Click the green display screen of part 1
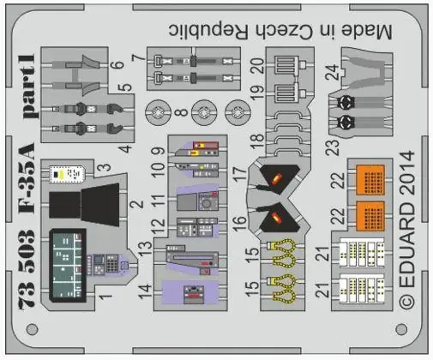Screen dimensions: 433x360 [x=68, y=265]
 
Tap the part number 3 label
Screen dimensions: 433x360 [x=105, y=167]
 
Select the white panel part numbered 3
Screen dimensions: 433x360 [x=67, y=173]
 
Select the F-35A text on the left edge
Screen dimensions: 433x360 [x=27, y=177]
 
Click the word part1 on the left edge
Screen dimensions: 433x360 [x=29, y=86]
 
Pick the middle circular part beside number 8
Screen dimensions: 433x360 [x=204, y=112]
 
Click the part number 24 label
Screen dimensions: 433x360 [x=333, y=72]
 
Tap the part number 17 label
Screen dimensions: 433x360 [x=240, y=172]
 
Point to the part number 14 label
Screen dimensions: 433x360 [x=145, y=291]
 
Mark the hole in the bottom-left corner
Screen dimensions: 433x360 [x=32, y=329]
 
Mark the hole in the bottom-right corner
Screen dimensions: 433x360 [x=401, y=329]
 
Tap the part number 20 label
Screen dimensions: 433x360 [x=257, y=65]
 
